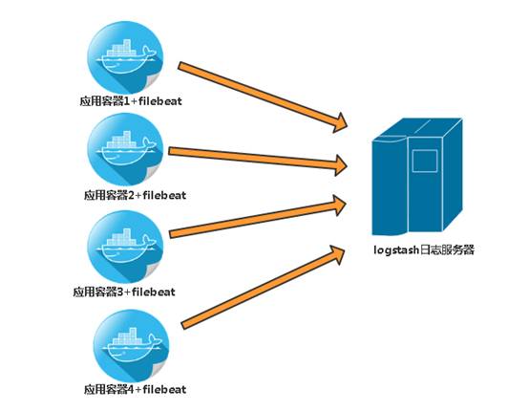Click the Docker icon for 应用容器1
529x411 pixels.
click(125, 58)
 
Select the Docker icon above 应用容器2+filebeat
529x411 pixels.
click(125, 150)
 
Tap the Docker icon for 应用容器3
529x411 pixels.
click(125, 247)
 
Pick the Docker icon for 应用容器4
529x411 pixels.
click(131, 346)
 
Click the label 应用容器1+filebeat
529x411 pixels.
click(131, 101)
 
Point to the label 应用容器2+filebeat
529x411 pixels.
click(135, 195)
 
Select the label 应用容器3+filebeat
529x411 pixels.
click(124, 292)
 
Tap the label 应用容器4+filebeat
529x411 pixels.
click(135, 389)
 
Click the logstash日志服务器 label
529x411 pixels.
click(424, 250)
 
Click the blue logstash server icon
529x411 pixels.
click(417, 176)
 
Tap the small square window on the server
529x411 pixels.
click(425, 161)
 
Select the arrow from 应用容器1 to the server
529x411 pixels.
click(263, 97)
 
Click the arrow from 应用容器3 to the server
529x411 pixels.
click(258, 216)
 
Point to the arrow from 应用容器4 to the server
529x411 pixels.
click(263, 288)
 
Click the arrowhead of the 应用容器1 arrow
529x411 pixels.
click(339, 123)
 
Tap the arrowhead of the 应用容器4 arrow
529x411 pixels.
click(337, 254)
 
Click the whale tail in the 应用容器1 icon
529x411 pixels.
click(148, 52)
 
